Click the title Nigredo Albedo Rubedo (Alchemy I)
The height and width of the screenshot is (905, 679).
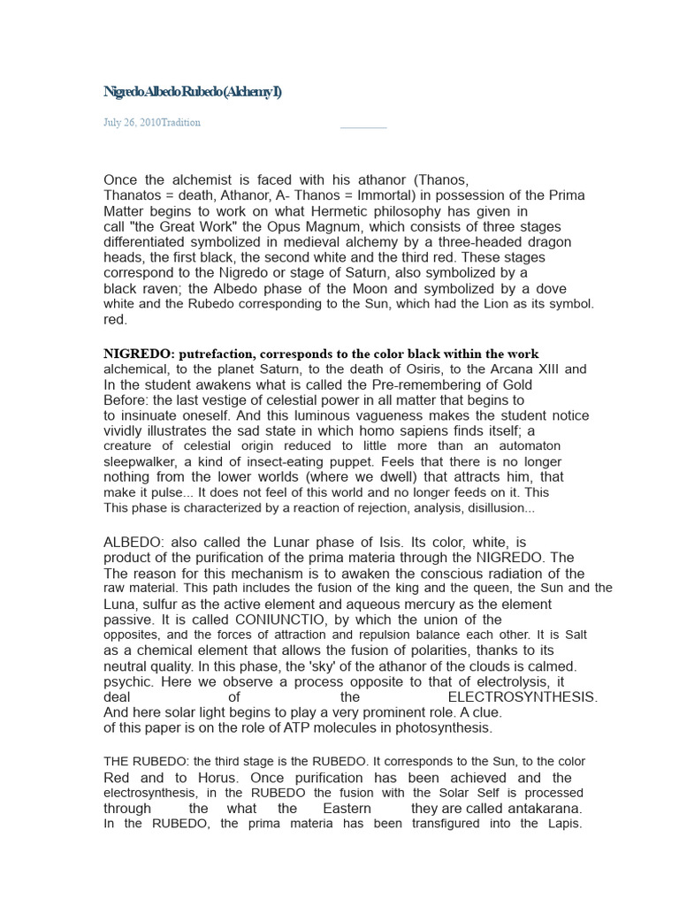[192, 93]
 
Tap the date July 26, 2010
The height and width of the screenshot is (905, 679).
[132, 123]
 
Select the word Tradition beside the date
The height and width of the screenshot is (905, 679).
[181, 123]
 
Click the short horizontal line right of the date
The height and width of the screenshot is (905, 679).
[363, 127]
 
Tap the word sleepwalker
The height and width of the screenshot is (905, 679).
[147, 461]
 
